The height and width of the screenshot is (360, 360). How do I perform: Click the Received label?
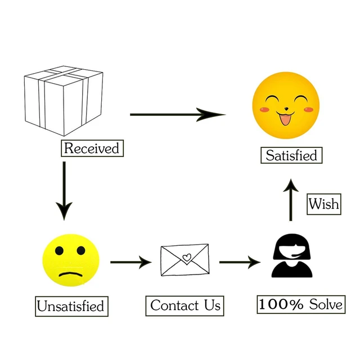coord(92,148)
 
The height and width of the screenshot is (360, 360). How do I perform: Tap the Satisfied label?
coord(291,155)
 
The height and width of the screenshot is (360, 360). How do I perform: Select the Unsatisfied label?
coord(71,306)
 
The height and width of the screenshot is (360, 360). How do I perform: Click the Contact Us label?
coord(185,306)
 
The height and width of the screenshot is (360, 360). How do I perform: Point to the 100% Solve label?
coord(301,304)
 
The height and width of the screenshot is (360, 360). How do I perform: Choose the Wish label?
coord(324,204)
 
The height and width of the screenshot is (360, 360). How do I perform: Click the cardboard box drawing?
coord(64,101)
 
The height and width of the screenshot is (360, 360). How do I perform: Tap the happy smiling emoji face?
coord(286,105)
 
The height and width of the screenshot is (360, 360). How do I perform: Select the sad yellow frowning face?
coord(71,260)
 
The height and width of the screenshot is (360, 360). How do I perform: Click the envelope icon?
coord(185,260)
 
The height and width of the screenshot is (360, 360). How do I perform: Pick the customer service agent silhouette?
coord(292,255)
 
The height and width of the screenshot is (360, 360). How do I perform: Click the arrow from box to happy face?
coord(178,114)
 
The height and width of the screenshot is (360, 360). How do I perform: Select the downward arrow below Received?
coord(64,191)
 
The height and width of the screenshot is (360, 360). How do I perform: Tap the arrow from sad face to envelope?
coord(131,262)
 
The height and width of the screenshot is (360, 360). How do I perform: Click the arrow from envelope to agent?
coord(240,262)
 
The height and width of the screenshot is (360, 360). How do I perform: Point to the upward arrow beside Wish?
coord(291,200)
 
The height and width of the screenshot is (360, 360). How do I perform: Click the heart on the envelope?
coord(187,257)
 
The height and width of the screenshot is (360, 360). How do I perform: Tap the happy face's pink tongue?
coord(285,120)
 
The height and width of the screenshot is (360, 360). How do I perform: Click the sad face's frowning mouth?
coord(71,274)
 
